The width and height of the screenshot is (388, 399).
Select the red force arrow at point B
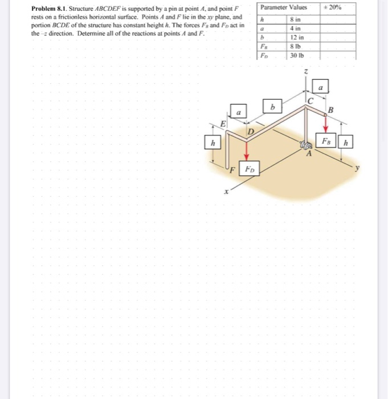click(326, 124)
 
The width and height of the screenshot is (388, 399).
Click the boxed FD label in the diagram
click(250, 169)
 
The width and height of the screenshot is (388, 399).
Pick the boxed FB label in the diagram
click(327, 140)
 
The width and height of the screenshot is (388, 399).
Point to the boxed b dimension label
click(272, 107)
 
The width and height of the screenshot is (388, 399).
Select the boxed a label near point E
click(239, 113)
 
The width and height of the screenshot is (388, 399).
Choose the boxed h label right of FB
click(346, 140)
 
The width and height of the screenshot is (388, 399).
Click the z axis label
click(307, 72)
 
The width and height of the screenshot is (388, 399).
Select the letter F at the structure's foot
click(233, 169)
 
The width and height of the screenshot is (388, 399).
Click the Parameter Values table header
click(283, 7)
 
